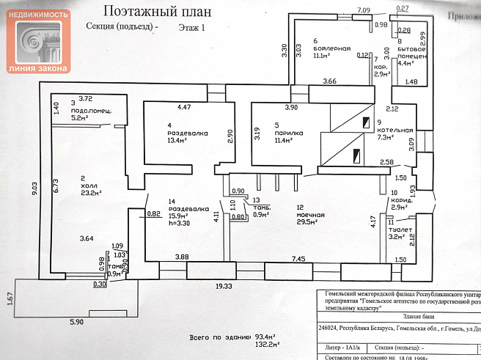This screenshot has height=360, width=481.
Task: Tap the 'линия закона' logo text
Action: pos(38,68)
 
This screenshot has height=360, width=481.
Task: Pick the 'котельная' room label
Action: pos(389,129)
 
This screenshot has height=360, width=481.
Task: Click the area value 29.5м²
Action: pos(310,222)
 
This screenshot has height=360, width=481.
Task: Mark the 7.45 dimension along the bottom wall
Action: pos(298,259)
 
